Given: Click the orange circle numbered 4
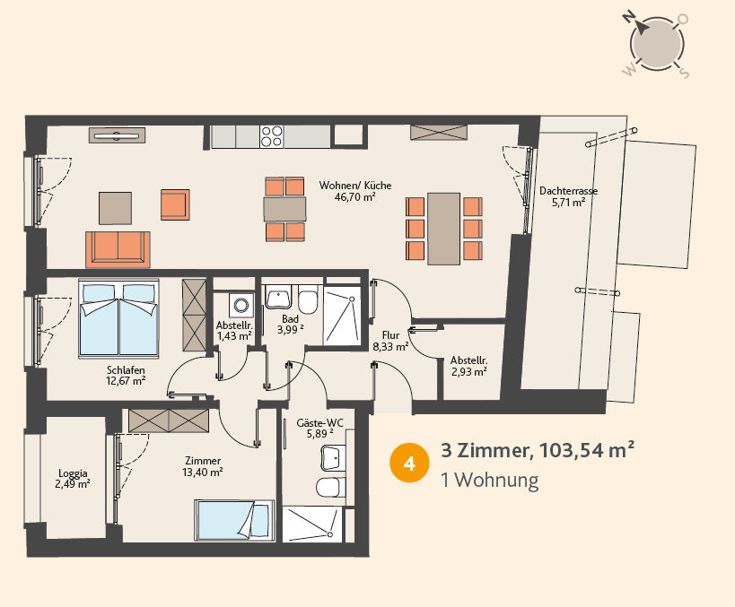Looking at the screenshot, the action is click(409, 463).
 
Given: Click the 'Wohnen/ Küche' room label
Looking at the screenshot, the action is click(355, 186).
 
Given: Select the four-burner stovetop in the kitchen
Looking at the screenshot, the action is click(271, 136).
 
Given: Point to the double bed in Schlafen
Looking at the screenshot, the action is click(119, 318).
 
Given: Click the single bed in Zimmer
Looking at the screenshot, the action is click(234, 520).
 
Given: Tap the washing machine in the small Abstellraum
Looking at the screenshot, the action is click(241, 306).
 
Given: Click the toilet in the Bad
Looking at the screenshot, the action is click(308, 299).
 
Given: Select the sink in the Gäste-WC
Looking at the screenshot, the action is click(333, 457).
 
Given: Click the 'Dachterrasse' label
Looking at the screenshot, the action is click(569, 191).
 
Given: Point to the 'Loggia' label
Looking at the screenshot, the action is click(73, 473).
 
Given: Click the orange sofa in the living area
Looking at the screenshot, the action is click(118, 249).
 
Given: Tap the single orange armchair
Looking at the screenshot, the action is click(175, 204).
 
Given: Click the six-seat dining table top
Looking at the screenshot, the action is click(443, 229).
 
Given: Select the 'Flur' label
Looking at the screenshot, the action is click(390, 335).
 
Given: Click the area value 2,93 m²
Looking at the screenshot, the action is click(468, 372).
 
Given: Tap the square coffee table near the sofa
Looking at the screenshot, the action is click(115, 208).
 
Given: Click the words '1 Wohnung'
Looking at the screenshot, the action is click(489, 480).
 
